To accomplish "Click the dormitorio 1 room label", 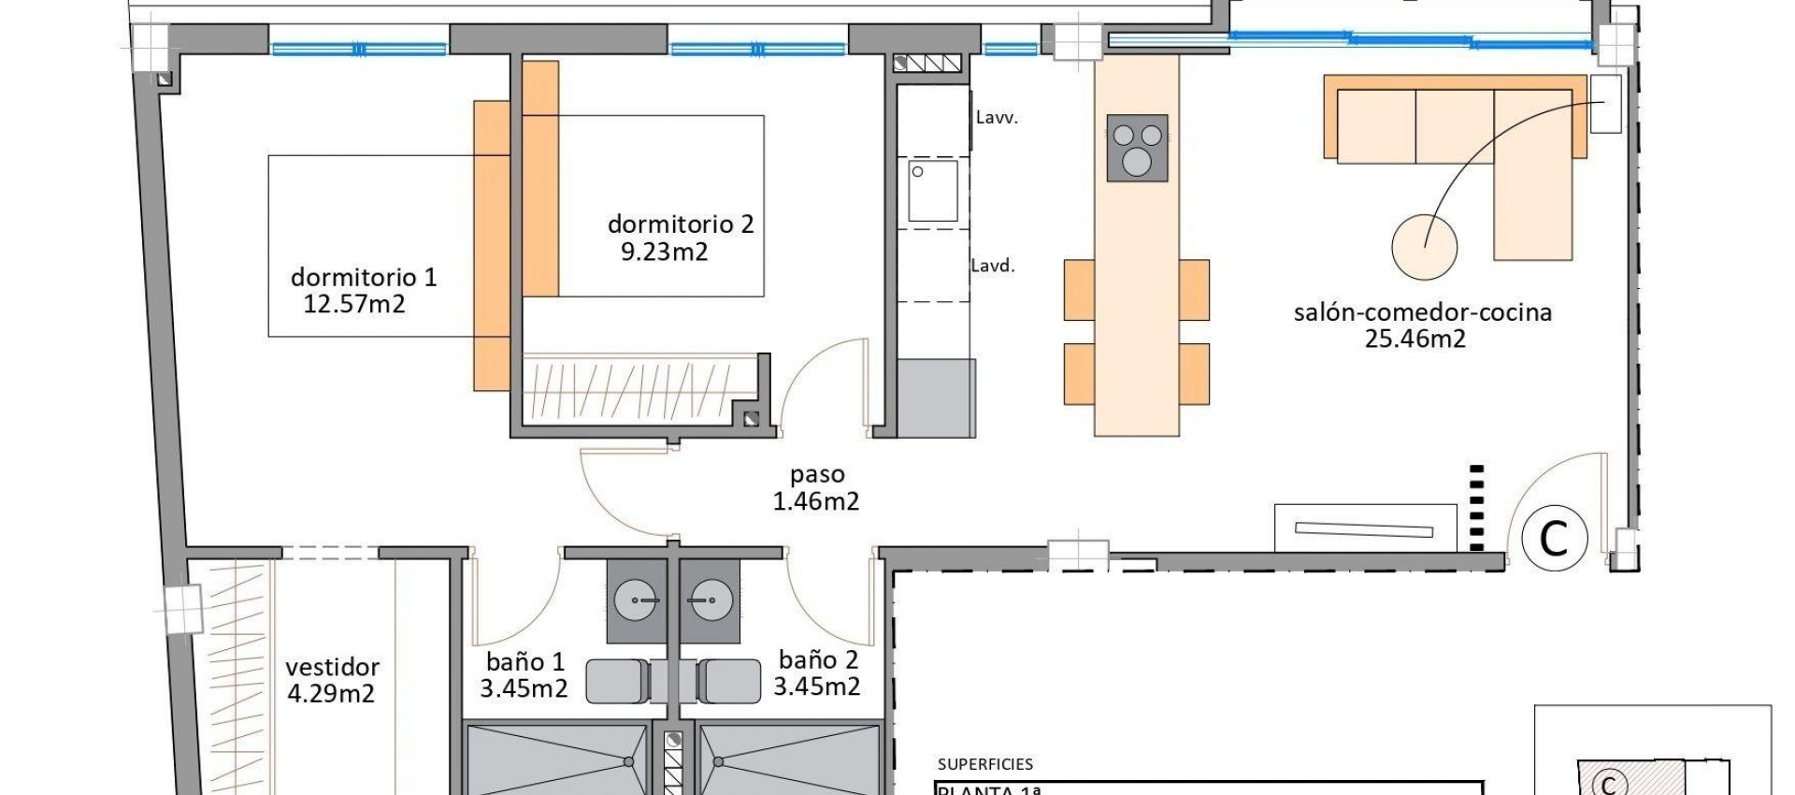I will (x=364, y=277).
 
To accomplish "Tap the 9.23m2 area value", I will (x=664, y=252).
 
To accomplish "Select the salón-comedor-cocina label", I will (x=1422, y=312).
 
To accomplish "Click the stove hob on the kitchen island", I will (x=1137, y=148).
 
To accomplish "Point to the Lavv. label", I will (x=996, y=118).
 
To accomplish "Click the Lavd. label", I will (x=992, y=266).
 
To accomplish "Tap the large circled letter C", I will (x=1554, y=538).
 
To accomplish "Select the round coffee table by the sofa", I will (x=1424, y=247).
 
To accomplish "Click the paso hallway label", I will (x=816, y=475).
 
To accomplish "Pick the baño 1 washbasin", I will (x=637, y=600).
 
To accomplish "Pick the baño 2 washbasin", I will (x=710, y=600).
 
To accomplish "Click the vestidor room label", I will (x=332, y=668).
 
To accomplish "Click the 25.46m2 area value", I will (x=1414, y=340).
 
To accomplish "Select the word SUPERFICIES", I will (x=984, y=764).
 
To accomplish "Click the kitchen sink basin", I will (x=933, y=191).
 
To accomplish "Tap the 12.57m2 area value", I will (x=354, y=304).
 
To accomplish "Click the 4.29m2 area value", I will (x=331, y=694).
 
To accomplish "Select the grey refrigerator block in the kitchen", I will (x=936, y=397).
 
